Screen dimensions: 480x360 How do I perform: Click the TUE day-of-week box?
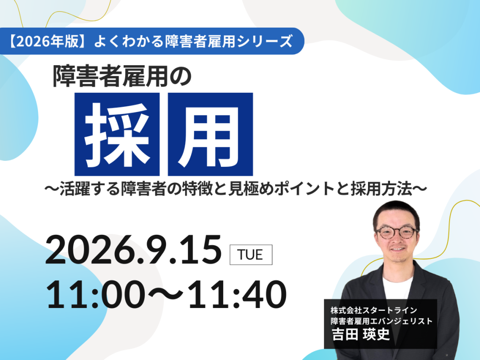[x=251, y=255]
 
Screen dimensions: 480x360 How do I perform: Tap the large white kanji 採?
[x=117, y=135]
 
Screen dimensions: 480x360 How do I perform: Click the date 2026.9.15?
[x=134, y=249]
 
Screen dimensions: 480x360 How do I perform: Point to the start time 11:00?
[x=95, y=294]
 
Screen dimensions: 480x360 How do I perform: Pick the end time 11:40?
[x=237, y=294]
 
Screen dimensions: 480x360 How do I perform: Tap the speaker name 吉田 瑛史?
[x=361, y=334]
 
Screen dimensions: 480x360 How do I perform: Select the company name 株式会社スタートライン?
[x=374, y=310]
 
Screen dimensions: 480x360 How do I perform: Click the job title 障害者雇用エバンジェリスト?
[x=382, y=321]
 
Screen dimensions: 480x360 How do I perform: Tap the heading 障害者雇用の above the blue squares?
[x=122, y=76]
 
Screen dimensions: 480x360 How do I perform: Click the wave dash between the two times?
[x=165, y=294]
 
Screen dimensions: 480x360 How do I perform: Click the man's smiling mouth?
[x=397, y=249]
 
